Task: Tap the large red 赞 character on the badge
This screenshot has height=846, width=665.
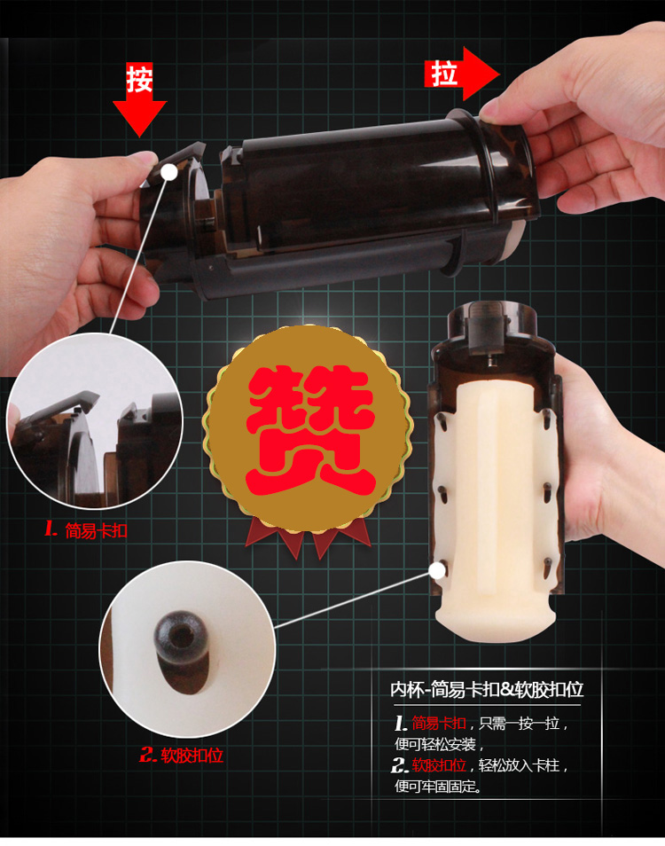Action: point(309,430)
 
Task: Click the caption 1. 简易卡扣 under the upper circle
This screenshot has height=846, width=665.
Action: point(86,530)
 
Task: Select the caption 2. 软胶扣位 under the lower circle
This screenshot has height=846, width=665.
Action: point(181,755)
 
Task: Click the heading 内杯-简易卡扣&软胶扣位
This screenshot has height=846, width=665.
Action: point(487,689)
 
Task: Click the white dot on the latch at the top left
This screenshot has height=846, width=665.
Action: point(169,172)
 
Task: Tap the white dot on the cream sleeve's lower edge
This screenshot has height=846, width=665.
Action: point(437,569)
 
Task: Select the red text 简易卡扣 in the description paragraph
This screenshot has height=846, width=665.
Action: point(439,723)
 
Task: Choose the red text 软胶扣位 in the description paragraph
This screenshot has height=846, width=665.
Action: point(439,765)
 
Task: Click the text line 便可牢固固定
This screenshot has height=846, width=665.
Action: point(438,786)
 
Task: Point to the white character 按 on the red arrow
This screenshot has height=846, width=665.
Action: point(140,79)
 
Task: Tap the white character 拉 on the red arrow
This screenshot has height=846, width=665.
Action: point(444,74)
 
